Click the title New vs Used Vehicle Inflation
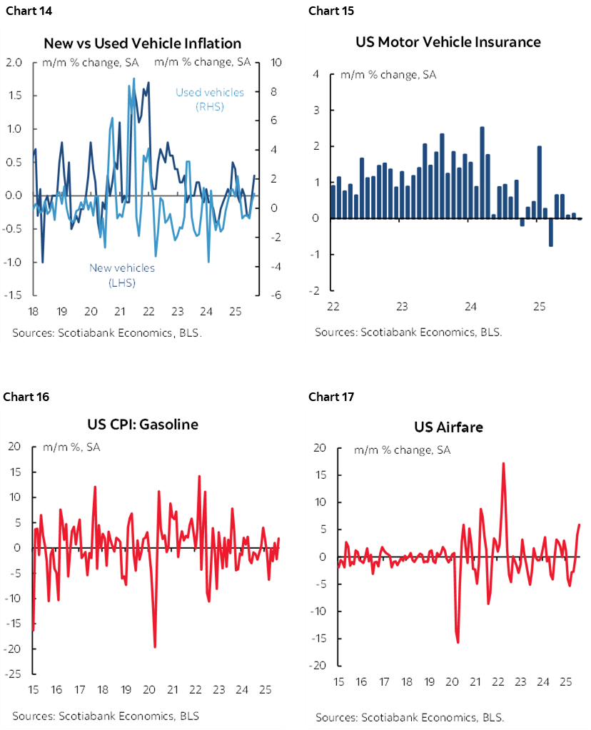[x=142, y=44]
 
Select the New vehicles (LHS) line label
[x=122, y=275]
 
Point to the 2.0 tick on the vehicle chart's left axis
[x=14, y=62]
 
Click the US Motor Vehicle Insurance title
[x=448, y=41]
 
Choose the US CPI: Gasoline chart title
[x=138, y=424]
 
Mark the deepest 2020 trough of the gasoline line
[x=155, y=647]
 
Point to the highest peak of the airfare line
[x=503, y=463]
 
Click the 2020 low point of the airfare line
[x=458, y=642]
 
